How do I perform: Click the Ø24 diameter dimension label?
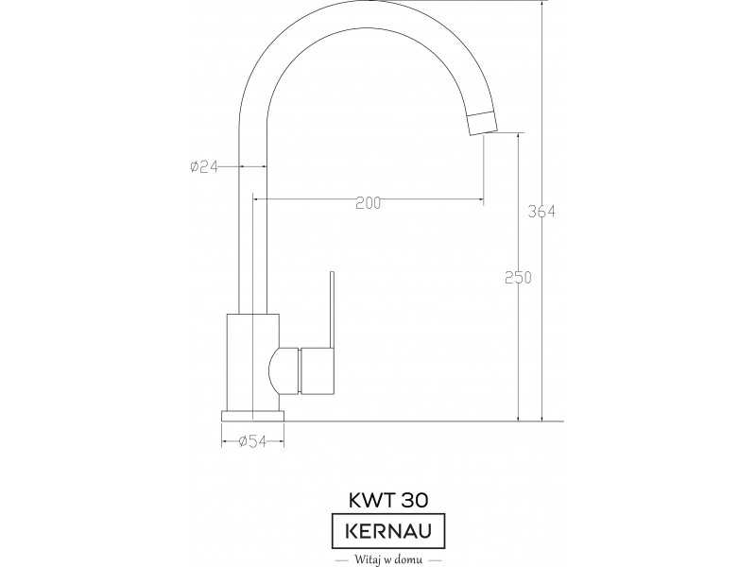pyautogui.click(x=204, y=167)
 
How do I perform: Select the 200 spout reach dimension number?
pyautogui.click(x=368, y=203)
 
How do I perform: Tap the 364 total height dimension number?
pyautogui.click(x=541, y=211)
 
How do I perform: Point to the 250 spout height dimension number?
pyautogui.click(x=518, y=278)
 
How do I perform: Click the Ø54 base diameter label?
pyautogui.click(x=252, y=440)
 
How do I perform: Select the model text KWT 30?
pyautogui.click(x=388, y=501)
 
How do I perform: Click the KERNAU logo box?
pyautogui.click(x=388, y=531)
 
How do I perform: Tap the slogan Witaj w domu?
pyautogui.click(x=388, y=559)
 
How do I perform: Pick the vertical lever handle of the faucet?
pyautogui.click(x=333, y=310)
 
